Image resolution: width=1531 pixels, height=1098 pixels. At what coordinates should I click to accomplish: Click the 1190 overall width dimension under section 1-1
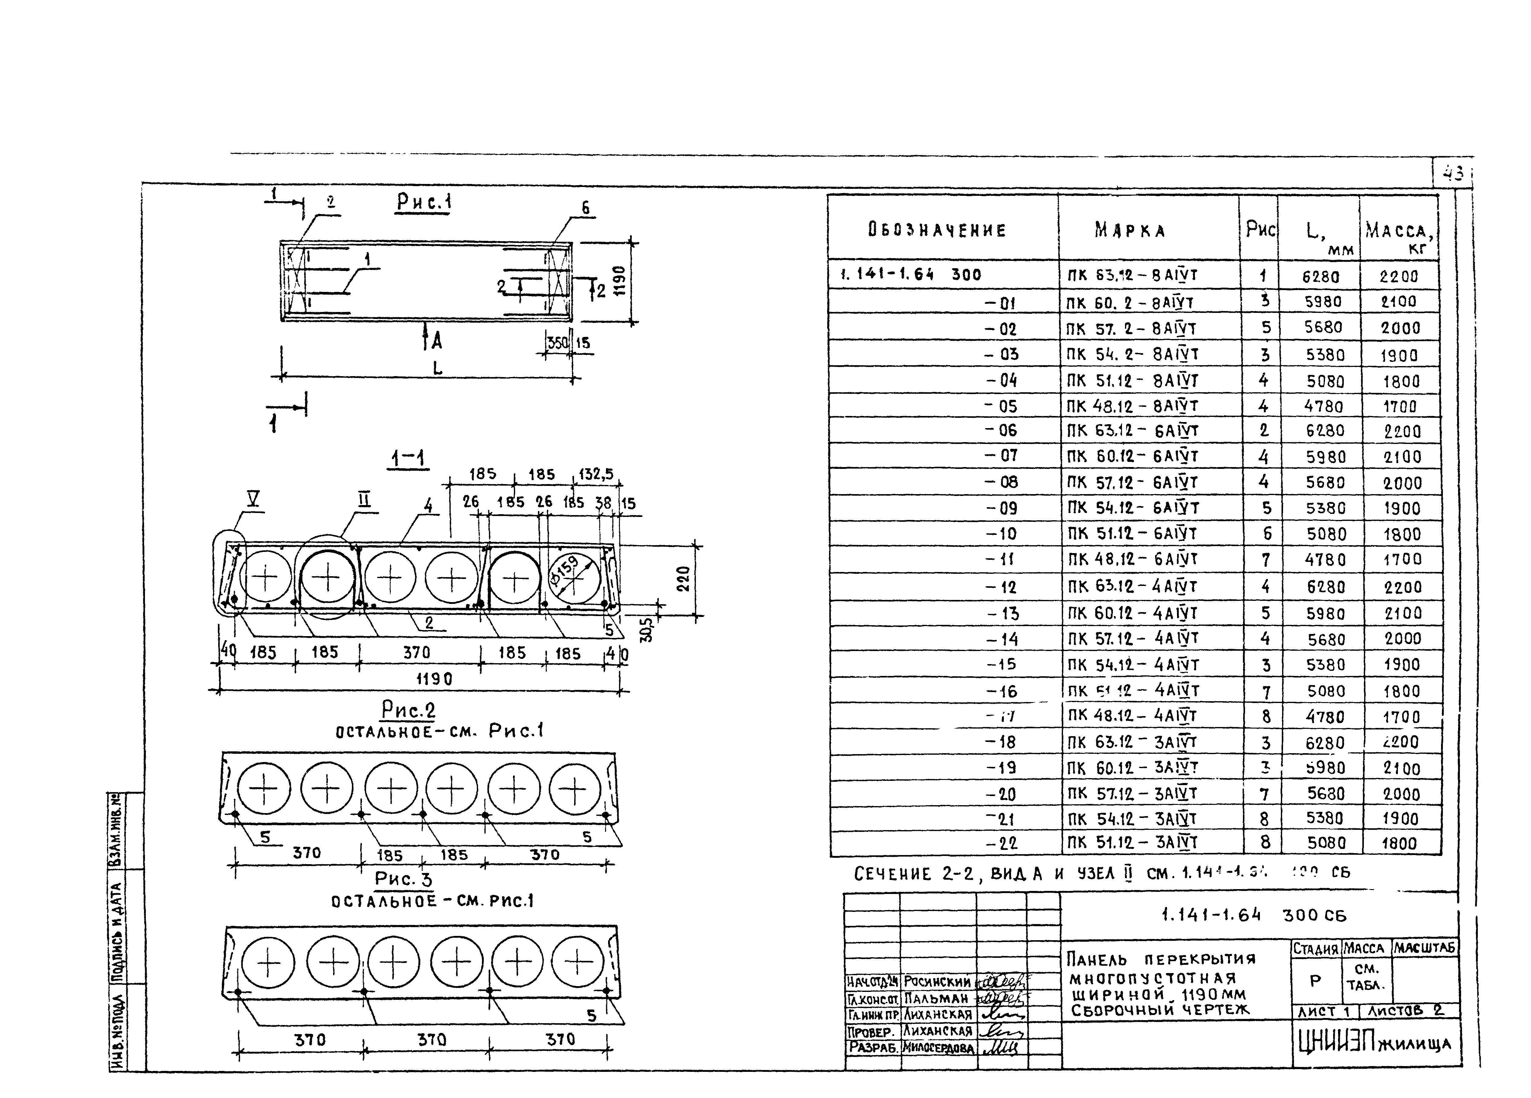pos(433,679)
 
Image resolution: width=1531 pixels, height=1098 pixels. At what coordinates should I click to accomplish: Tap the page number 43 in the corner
pos(1453,174)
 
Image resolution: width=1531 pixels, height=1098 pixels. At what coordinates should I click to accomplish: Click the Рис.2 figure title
pos(408,710)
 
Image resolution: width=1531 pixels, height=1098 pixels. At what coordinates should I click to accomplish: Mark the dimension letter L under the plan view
pos(437,368)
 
